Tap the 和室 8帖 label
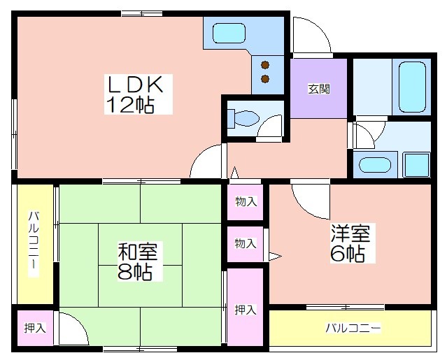pyautogui.click(x=138, y=261)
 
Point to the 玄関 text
pyautogui.click(x=319, y=89)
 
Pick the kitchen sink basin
pyautogui.click(x=229, y=33)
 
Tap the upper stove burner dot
pyautogui.click(x=265, y=65)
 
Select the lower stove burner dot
pyautogui.click(x=265, y=78)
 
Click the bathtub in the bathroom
pyautogui.click(x=412, y=87)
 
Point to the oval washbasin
pyautogui.click(x=374, y=165)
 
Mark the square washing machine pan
pyautogui.click(x=416, y=164)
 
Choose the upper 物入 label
pyautogui.click(x=246, y=201)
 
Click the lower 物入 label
pyautogui.click(x=246, y=243)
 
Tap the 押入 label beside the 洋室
pyautogui.click(x=246, y=310)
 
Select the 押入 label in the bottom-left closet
pyautogui.click(x=35, y=328)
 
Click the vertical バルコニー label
pyautogui.click(x=34, y=244)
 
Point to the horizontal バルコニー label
pyautogui.click(x=353, y=328)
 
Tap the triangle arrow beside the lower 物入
pyautogui.click(x=275, y=257)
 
